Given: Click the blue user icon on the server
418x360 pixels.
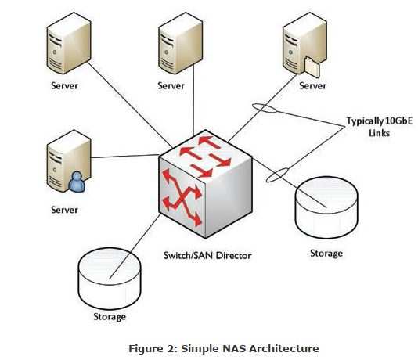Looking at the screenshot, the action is [77, 182].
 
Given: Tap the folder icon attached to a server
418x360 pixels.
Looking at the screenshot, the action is [312, 67].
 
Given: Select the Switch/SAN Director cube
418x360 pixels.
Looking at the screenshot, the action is [206, 184].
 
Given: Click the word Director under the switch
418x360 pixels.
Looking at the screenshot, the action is [233, 256].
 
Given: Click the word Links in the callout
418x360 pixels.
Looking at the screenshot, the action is [380, 133].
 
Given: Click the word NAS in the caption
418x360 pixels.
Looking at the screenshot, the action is [233, 348].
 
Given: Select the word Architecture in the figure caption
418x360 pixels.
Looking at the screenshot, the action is [283, 348].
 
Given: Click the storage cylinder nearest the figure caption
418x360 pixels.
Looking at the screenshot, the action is [110, 279].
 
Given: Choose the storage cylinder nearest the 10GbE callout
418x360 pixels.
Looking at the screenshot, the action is [326, 207].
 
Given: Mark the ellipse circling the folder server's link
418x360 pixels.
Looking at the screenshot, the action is [264, 108].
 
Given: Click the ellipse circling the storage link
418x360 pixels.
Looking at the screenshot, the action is [277, 175].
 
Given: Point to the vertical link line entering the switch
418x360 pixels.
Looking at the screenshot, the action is [193, 100].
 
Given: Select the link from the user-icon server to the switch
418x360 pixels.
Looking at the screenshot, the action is [124, 157].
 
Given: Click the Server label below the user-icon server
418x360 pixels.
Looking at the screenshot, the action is [64, 210].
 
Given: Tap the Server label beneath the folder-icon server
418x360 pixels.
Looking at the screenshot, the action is [312, 86].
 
